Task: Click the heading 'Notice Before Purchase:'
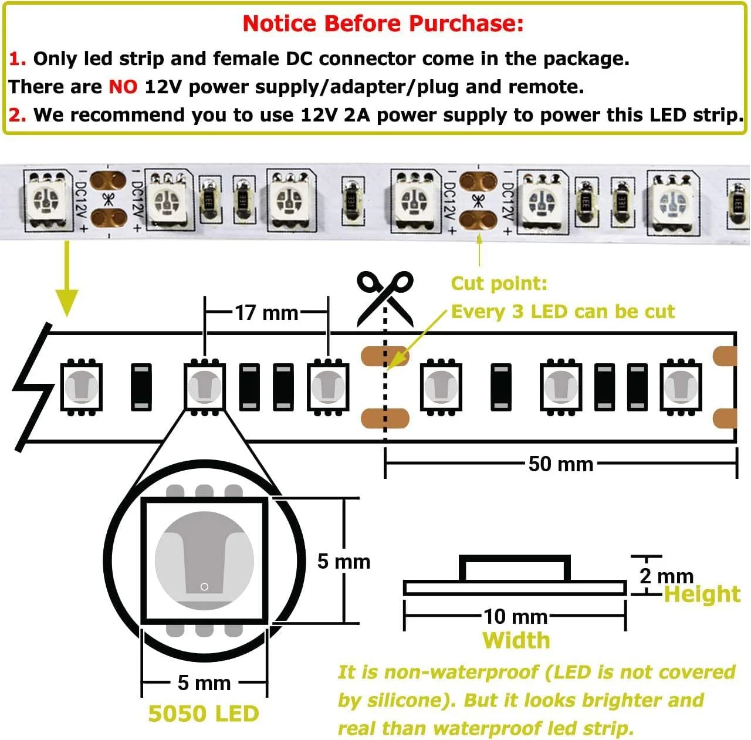383,23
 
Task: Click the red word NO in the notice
123,87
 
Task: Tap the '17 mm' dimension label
266,313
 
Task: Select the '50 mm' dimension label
560,464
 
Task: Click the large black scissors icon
385,296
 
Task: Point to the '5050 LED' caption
203,714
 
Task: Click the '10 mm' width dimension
515,616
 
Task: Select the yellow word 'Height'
702,594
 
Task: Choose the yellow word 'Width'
516,640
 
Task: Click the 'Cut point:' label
499,283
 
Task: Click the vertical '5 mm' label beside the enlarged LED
343,562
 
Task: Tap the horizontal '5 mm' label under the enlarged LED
204,683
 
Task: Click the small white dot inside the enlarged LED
204,587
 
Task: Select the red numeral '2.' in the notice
17,115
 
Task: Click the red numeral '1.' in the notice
17,59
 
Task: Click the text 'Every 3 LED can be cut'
562,312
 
